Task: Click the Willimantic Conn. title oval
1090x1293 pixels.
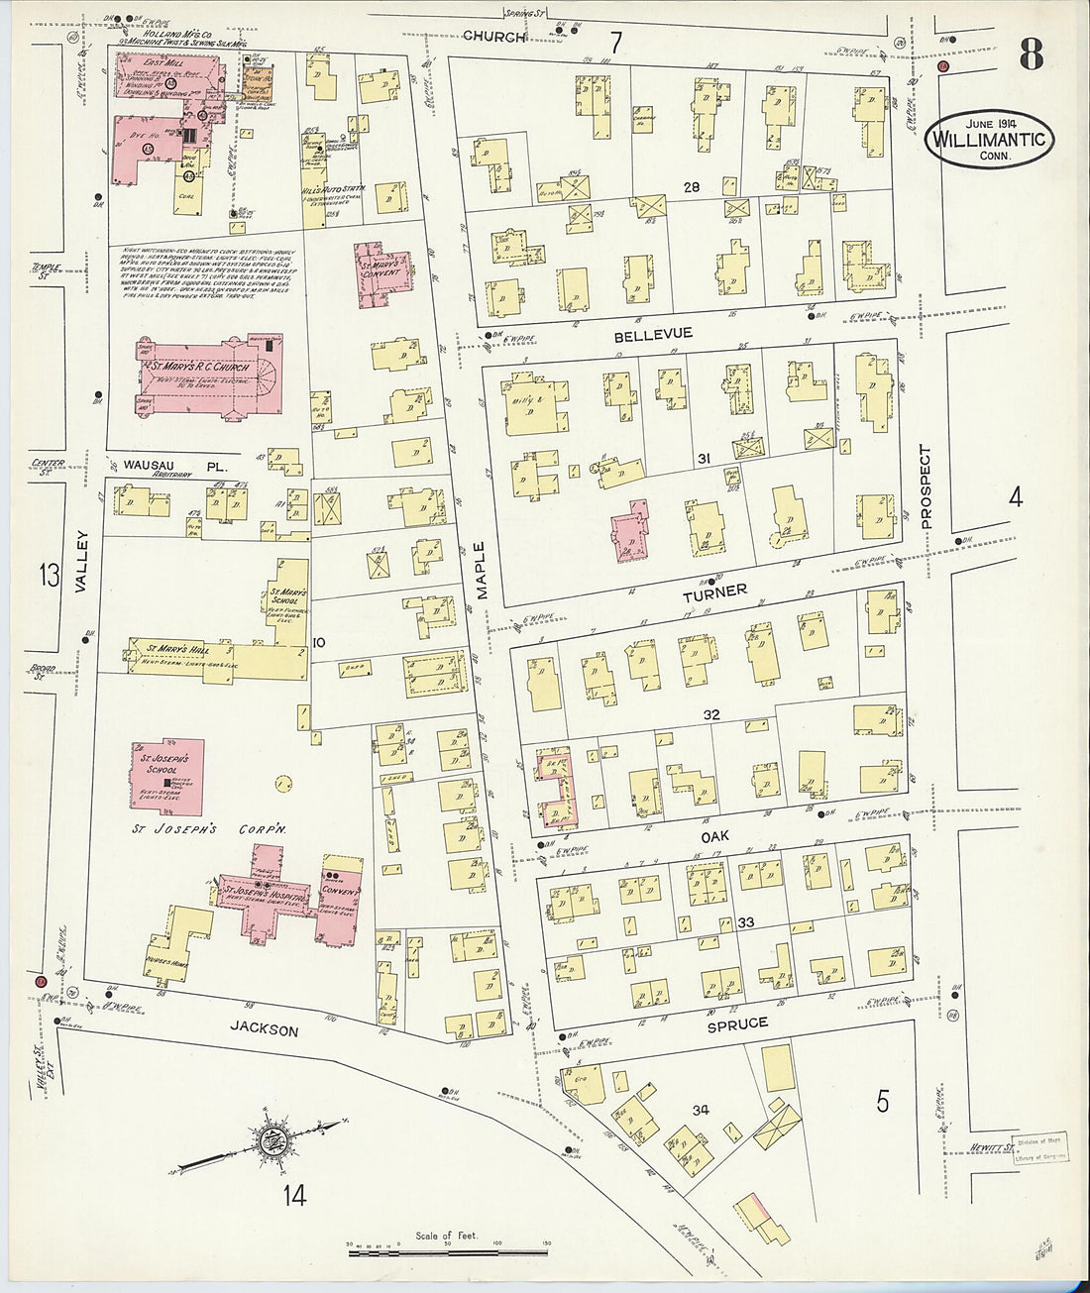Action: click(x=990, y=140)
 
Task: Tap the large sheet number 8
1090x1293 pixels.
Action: click(x=1030, y=54)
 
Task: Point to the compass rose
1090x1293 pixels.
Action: click(x=269, y=1143)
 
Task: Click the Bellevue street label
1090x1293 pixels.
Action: click(x=653, y=336)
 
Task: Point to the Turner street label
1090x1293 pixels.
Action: click(x=713, y=592)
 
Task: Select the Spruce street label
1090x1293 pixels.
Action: click(x=736, y=1024)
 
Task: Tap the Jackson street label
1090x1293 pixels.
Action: click(x=265, y=1030)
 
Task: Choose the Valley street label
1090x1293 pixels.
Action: click(x=81, y=563)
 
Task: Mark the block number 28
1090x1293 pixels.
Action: click(x=692, y=187)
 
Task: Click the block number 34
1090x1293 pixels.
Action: click(x=702, y=1110)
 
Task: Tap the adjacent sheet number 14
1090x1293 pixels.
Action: click(x=293, y=1196)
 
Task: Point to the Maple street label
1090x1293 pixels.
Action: click(x=479, y=572)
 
